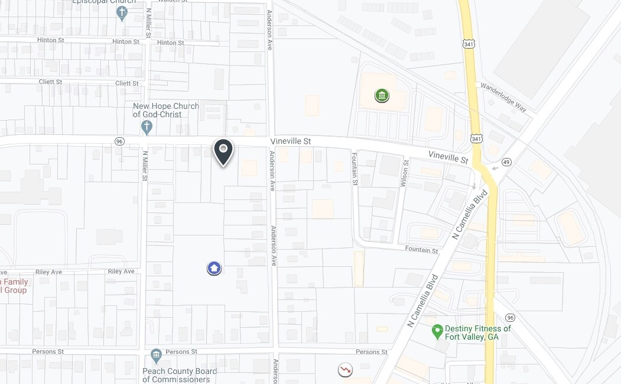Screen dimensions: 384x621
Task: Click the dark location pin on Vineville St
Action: point(223,151)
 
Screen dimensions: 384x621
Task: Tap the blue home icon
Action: point(214,269)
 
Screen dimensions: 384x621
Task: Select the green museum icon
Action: point(382,95)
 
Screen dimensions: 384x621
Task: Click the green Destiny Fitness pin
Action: point(437,331)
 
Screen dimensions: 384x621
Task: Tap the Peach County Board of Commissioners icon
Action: point(156,356)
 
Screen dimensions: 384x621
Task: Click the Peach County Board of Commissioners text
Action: point(180,375)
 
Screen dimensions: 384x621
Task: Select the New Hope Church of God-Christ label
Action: point(166,110)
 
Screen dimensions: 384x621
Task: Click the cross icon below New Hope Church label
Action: point(147,127)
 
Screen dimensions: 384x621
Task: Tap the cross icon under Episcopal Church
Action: point(122,13)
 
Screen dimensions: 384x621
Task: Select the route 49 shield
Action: point(506,162)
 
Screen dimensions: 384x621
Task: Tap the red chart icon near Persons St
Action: point(345,370)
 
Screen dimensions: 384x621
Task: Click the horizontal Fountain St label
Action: point(421,250)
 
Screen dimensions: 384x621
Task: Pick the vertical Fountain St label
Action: point(355,169)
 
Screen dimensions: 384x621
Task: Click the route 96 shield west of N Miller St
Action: point(120,141)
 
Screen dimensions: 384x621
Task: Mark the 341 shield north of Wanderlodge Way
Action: point(469,44)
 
